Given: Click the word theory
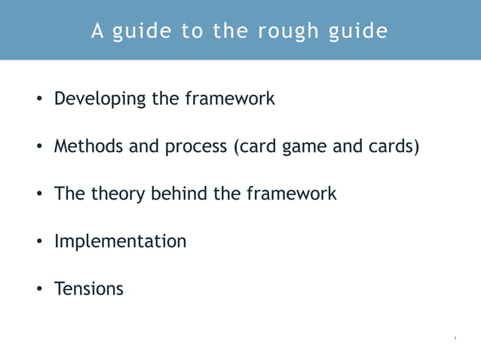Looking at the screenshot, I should point(118,194).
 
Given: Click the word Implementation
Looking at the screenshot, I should point(120,242).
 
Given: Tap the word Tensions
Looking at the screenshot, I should point(88,288).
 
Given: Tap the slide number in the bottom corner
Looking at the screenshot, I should point(455,337).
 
